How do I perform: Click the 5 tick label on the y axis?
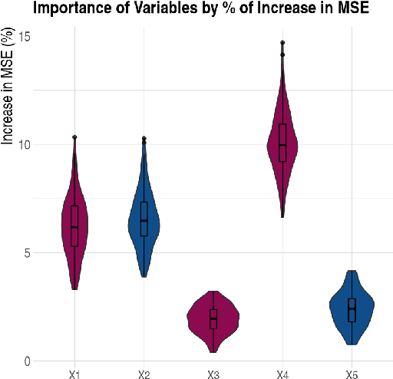pos(28,252)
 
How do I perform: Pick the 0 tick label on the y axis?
pos(28,361)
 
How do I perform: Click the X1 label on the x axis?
pos(74,374)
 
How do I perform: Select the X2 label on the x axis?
pos(144,374)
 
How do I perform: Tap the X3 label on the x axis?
pos(213,374)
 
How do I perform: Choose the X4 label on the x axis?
pos(282,374)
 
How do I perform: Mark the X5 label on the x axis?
pos(352,374)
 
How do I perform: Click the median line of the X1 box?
pos(74,227)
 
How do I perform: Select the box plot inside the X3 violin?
pos(213,318)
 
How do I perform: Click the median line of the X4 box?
pos(282,145)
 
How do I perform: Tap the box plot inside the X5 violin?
pos(352,310)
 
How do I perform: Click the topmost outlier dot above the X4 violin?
pos(282,43)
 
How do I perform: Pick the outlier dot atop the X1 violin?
pos(74,137)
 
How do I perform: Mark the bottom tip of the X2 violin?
pos(144,275)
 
